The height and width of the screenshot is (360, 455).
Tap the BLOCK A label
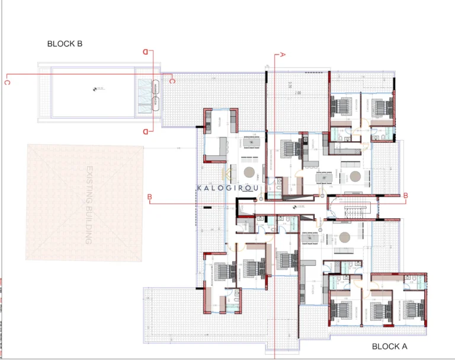(x=390, y=346)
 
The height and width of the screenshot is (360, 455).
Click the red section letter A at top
(x=283, y=54)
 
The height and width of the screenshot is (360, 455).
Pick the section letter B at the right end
(x=406, y=195)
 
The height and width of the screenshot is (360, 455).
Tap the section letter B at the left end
(x=150, y=196)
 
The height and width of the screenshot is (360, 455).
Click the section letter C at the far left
(x=7, y=82)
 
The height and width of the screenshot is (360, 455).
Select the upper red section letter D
(x=145, y=53)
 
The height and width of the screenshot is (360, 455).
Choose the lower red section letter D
(x=145, y=131)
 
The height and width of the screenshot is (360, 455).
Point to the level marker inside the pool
(x=95, y=90)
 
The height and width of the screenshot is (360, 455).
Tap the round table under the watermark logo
(x=249, y=173)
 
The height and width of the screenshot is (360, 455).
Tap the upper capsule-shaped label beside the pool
(x=156, y=87)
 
